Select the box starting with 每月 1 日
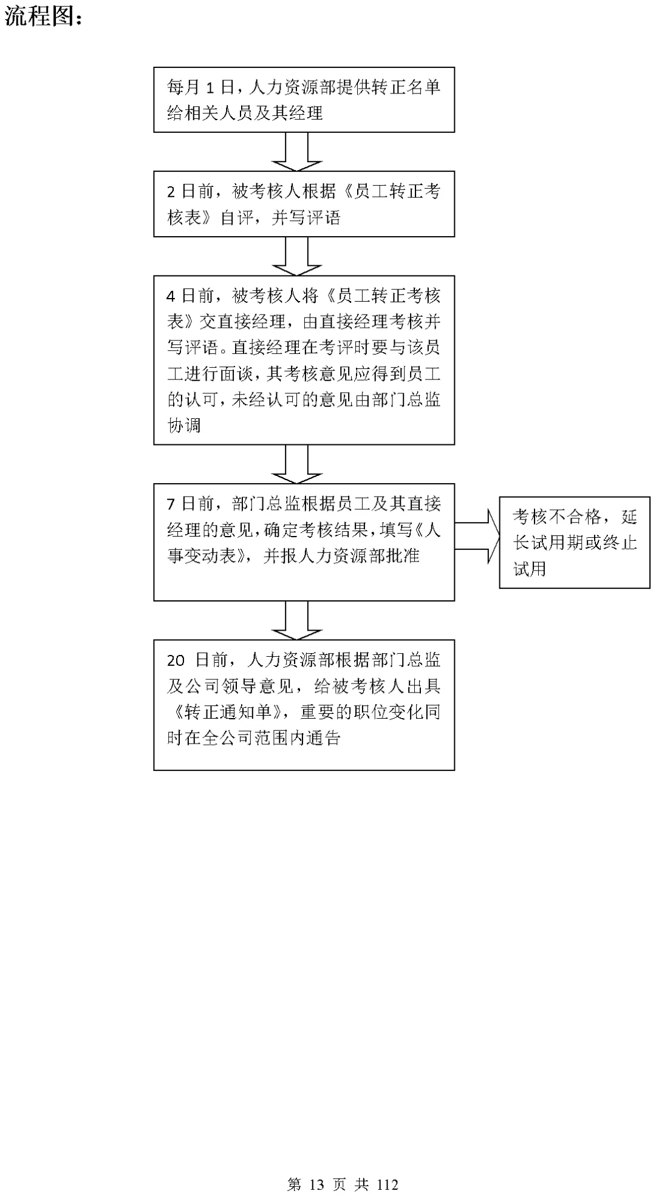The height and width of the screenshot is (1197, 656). [x=304, y=100]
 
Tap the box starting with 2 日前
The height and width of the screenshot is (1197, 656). [x=304, y=204]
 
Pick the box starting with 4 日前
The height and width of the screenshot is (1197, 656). [x=304, y=360]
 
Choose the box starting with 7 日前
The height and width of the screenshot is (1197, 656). [x=304, y=542]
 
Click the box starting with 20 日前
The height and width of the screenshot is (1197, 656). [x=304, y=705]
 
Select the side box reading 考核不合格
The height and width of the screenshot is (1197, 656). [x=575, y=542]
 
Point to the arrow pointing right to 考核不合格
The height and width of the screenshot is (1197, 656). [x=477, y=536]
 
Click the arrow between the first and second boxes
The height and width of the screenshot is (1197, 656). [x=296, y=151]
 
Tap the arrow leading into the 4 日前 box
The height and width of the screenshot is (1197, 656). [x=296, y=256]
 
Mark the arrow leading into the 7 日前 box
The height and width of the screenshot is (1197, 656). [x=296, y=464]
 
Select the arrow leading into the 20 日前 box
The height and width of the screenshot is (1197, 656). [x=296, y=620]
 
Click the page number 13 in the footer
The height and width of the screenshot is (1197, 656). [x=318, y=1184]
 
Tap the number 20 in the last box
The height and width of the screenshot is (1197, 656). [x=176, y=660]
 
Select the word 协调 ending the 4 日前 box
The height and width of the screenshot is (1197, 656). [x=184, y=426]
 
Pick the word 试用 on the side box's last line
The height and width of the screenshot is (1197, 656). [x=530, y=569]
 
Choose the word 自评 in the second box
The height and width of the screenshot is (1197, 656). [x=237, y=217]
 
